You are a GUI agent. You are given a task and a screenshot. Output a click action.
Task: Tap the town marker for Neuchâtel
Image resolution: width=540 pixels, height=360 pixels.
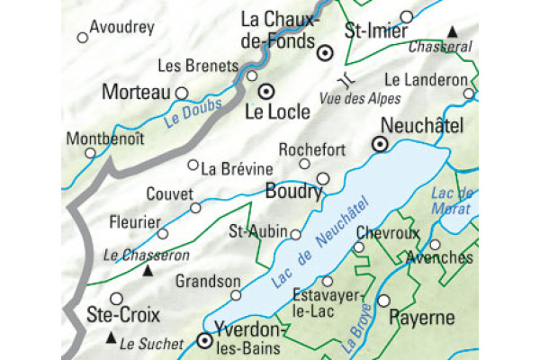(381, 143)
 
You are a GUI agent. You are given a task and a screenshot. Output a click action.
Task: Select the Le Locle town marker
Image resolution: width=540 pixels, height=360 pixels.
(265, 91)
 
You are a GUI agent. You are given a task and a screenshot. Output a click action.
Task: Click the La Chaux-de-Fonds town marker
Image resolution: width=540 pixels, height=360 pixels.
(326, 53)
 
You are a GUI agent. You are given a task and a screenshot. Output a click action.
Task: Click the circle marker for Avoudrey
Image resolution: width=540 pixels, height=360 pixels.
(83, 38)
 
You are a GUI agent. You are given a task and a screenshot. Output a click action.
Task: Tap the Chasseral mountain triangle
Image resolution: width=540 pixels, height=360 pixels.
(454, 32)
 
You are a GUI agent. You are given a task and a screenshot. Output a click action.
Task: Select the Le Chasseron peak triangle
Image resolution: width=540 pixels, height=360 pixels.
(149, 269)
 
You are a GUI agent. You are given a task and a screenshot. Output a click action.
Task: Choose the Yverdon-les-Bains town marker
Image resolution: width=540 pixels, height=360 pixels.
(205, 341)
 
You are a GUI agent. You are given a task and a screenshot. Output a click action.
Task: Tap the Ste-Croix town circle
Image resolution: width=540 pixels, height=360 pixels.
(116, 298)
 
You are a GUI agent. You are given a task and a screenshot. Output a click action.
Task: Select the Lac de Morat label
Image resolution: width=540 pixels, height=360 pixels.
(453, 201)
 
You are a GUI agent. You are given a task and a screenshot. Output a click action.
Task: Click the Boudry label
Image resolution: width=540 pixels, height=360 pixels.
(293, 191)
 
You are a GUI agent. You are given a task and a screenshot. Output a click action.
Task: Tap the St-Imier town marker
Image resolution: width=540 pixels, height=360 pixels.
(407, 16)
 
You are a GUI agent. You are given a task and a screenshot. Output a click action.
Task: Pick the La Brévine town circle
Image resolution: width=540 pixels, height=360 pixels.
(193, 165)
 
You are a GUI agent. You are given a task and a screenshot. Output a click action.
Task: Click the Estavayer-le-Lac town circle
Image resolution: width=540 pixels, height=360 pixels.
(328, 282)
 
